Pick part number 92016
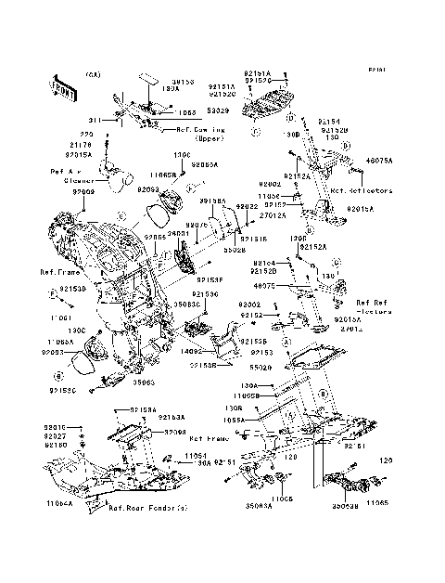(56, 427)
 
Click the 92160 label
(56, 445)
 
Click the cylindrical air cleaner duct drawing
(115, 177)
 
